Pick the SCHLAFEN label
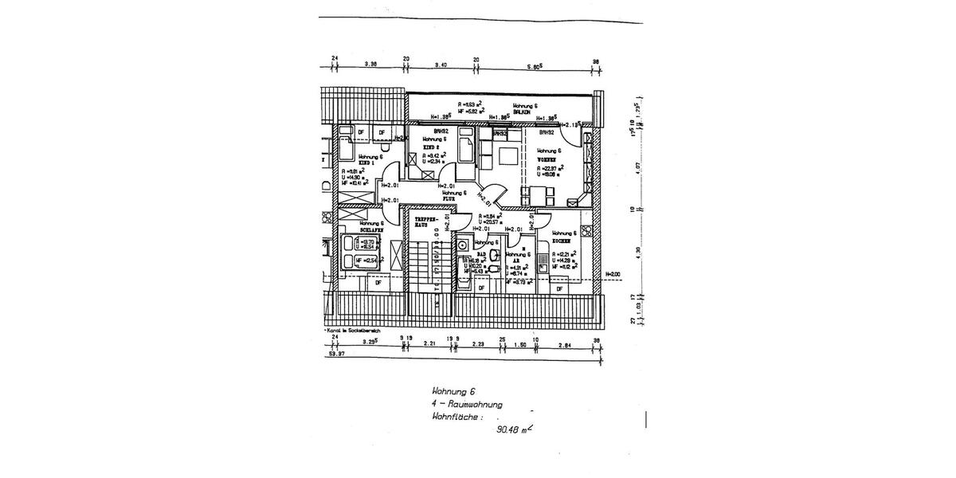pyautogui.click(x=371, y=230)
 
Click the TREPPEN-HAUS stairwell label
pyautogui.click(x=423, y=221)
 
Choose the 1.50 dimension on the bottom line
pyautogui.click(x=519, y=344)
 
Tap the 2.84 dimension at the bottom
pyautogui.click(x=566, y=344)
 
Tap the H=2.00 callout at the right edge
pyautogui.click(x=613, y=274)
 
